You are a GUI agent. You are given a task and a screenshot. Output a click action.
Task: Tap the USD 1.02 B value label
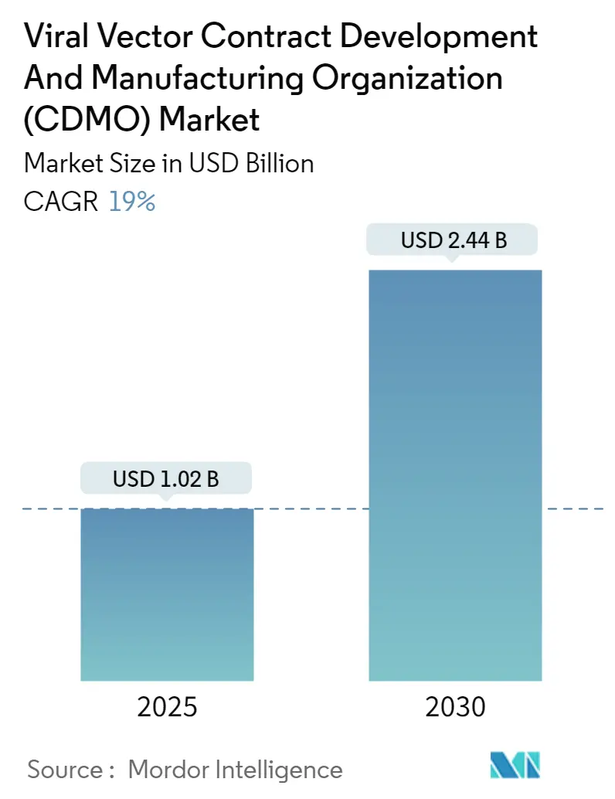pyautogui.click(x=166, y=479)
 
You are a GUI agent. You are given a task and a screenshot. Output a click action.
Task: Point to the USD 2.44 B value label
pyautogui.click(x=454, y=241)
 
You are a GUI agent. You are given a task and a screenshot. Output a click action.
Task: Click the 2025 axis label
pyautogui.click(x=166, y=706)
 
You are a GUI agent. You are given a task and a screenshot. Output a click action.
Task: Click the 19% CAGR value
pyautogui.click(x=132, y=202)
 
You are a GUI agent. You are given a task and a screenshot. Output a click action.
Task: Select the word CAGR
pyautogui.click(x=61, y=202)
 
